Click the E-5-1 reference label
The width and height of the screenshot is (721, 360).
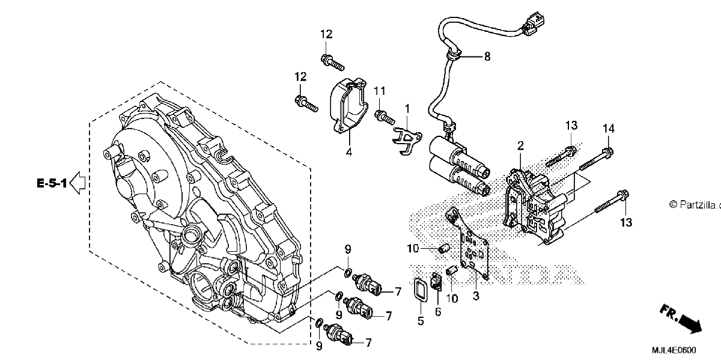pos(52,183)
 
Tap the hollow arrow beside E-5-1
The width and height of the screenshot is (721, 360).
pos(78,183)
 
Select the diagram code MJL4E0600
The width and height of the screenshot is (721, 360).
pos(674,350)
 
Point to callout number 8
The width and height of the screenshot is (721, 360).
pos(487,56)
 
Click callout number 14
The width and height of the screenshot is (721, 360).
pos(608,129)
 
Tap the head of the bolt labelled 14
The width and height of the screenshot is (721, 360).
pos(607,151)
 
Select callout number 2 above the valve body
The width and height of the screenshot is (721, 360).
pos(520,146)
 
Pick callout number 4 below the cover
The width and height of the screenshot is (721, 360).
pos(349,151)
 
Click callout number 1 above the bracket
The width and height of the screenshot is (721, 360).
pos(407,109)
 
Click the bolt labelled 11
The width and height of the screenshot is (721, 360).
pos(385,118)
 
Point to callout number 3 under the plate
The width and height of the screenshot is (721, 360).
pos(476,296)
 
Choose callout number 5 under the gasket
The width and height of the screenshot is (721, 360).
pos(421,321)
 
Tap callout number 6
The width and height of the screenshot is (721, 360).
pos(438,312)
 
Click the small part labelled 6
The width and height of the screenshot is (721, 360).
pos(436,281)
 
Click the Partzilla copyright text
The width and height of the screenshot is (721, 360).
pos(695,204)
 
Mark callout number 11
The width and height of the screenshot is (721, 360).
pos(380,91)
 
